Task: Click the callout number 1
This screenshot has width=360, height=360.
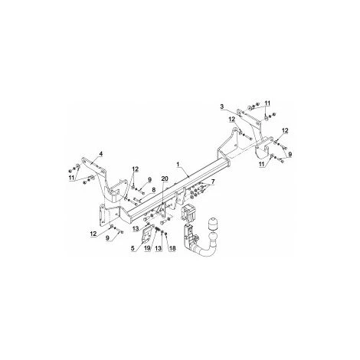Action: [178, 164]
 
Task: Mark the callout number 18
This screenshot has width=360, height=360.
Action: [171, 248]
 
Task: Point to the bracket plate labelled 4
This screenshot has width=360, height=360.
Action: [93, 166]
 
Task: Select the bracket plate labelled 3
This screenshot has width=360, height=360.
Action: [246, 119]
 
